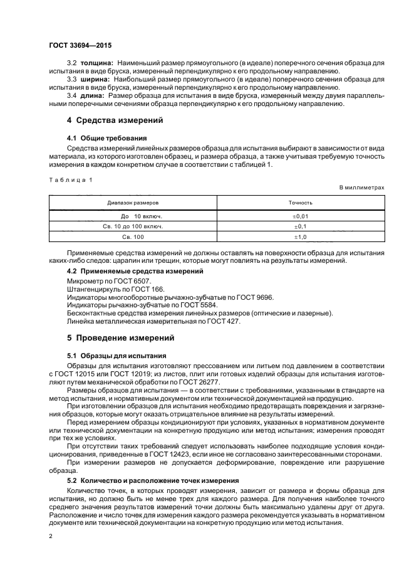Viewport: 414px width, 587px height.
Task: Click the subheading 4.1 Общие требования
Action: click(x=106, y=137)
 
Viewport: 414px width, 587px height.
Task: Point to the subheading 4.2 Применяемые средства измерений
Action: click(x=135, y=271)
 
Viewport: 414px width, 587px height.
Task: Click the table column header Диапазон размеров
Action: click(x=133, y=203)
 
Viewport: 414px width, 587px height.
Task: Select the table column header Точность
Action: click(x=300, y=203)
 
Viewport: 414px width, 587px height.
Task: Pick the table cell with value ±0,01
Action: click(x=300, y=216)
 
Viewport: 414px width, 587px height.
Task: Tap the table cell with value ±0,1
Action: click(x=300, y=226)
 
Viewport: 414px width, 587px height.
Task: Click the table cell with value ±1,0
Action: click(x=300, y=237)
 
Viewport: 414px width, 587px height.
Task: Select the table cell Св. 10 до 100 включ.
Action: click(x=133, y=226)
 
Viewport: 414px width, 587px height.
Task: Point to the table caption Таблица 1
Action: click(x=70, y=180)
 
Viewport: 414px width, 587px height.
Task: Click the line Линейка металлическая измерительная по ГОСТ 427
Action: click(x=153, y=321)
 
